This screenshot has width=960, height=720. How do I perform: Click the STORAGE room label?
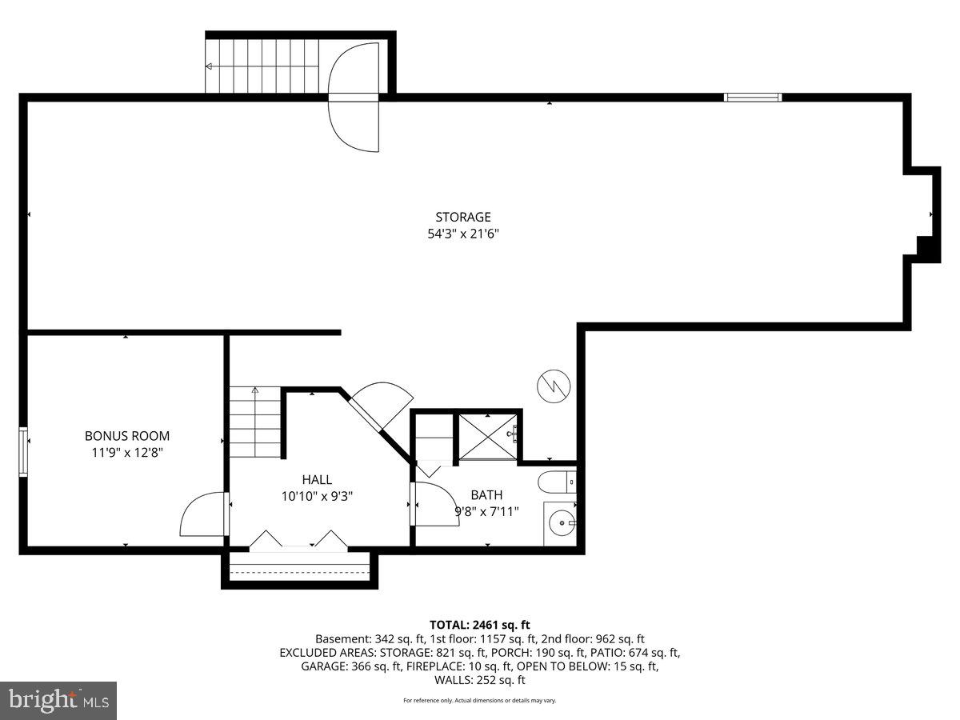pos(462,217)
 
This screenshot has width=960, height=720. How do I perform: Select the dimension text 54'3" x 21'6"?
pos(462,234)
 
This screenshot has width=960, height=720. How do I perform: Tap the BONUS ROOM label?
pos(127,436)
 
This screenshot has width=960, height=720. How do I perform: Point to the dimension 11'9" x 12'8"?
pos(127,453)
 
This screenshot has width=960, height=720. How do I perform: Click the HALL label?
pos(317,479)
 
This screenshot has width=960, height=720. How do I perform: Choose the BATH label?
pos(486,495)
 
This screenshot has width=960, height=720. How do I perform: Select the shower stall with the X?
pos(487,437)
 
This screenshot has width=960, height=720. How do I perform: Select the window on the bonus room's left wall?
pos(23,453)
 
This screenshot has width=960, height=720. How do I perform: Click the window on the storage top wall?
pos(752,98)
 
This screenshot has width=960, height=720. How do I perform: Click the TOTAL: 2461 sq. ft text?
pos(480,625)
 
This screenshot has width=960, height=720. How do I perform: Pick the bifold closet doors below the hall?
pos(298,541)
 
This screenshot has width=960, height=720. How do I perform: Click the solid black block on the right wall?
pos(927,249)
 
